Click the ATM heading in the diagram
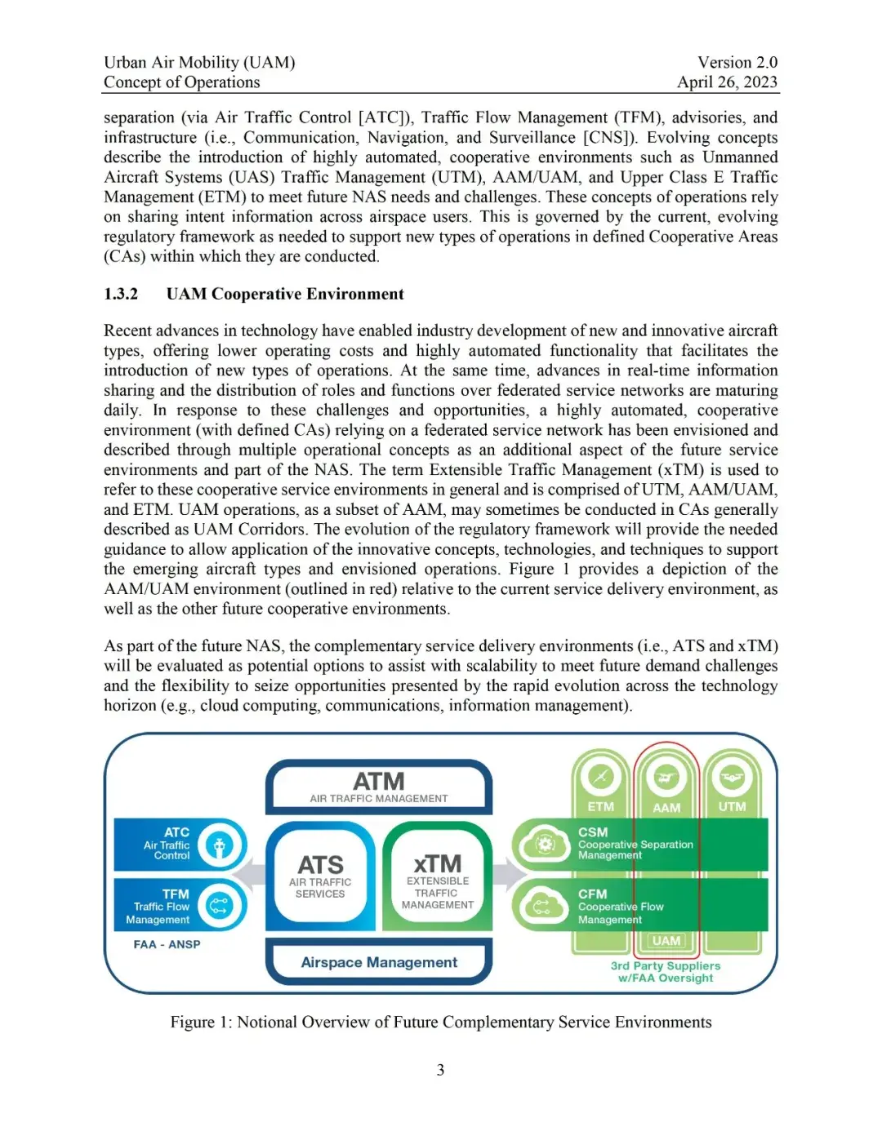[378, 782]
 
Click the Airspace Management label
[379, 962]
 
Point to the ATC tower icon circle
[219, 845]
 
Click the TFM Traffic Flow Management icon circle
[219, 905]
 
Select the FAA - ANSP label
[167, 944]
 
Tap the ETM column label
[600, 806]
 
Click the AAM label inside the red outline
[666, 807]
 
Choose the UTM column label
[732, 806]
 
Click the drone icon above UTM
[732, 777]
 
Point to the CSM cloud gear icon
[544, 845]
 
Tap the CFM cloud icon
[543, 906]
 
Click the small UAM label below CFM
[666, 941]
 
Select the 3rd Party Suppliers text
[666, 965]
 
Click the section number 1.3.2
[121, 294]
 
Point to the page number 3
[440, 1070]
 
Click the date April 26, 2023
[727, 82]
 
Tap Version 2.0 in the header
[737, 62]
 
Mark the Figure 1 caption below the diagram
[441, 1022]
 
